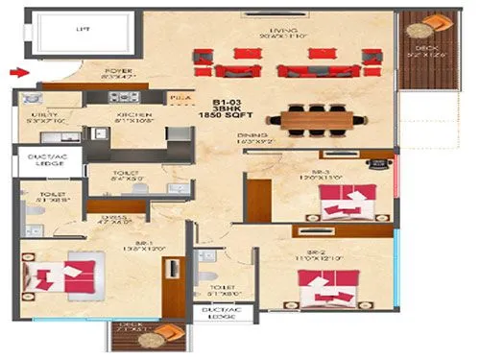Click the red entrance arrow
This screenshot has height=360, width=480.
click(x=16, y=71)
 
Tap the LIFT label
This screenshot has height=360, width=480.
click(x=82, y=31)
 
